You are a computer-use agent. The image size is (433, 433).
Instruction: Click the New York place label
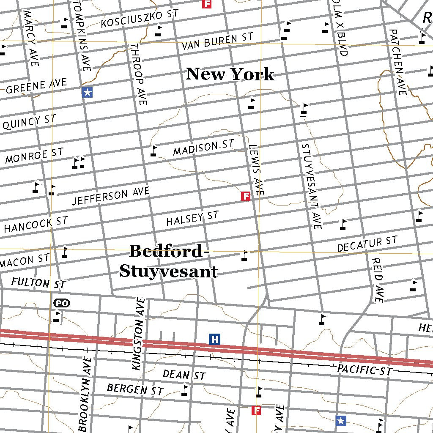[230, 74]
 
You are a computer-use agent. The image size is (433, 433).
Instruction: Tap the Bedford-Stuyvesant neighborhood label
[168, 261]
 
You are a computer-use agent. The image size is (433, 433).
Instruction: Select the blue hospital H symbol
[215, 339]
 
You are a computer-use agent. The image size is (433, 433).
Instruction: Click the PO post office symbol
[62, 303]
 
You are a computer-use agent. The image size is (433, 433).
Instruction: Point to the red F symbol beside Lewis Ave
[246, 196]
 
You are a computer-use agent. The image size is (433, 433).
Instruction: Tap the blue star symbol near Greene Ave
[87, 93]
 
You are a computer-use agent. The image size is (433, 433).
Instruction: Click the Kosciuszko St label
[140, 19]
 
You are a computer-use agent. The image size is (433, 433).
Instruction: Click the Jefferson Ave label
[111, 196]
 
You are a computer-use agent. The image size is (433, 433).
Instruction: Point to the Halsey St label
[192, 219]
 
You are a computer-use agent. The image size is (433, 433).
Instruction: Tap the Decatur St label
[367, 244]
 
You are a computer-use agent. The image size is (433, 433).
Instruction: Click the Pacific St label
[364, 370]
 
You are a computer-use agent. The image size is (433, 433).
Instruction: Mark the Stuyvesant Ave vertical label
[312, 186]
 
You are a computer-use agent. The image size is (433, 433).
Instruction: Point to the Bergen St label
[135, 389]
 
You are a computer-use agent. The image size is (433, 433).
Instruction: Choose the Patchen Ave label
[398, 62]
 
